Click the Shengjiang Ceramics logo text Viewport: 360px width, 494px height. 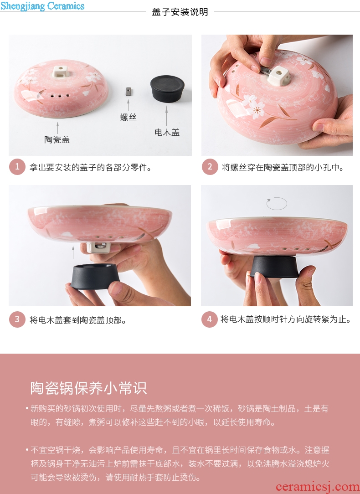pyautogui.click(x=42, y=6)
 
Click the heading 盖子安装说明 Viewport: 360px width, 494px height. pyautogui.click(x=180, y=12)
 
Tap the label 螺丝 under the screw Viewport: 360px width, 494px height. pyautogui.click(x=128, y=118)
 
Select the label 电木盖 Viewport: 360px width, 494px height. pyautogui.click(x=167, y=132)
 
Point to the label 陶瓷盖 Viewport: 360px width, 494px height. pyautogui.click(x=57, y=139)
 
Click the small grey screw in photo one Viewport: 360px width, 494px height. pyautogui.click(x=128, y=91)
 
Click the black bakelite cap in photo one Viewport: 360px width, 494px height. pyautogui.click(x=167, y=88)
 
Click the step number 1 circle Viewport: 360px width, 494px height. pyautogui.click(x=17, y=167)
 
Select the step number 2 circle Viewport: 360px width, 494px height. pyautogui.click(x=210, y=167)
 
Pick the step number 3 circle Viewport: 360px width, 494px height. pyautogui.click(x=17, y=319)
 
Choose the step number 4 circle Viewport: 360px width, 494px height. pyautogui.click(x=210, y=319)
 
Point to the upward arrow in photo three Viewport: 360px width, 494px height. pyautogui.click(x=73, y=252)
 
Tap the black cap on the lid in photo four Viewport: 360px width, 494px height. pyautogui.click(x=274, y=267)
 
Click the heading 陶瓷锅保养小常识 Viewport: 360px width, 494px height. pyautogui.click(x=88, y=388)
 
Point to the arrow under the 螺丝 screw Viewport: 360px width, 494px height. pyautogui.click(x=128, y=105)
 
